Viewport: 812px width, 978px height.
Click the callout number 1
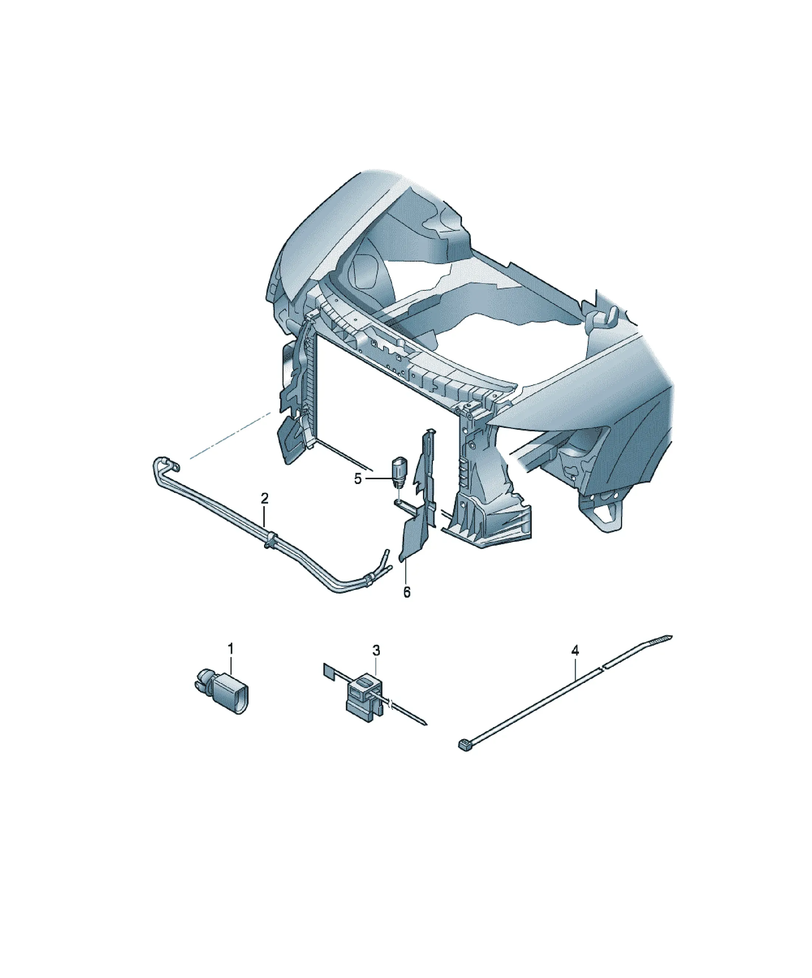tap(230, 649)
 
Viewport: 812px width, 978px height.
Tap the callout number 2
tap(264, 499)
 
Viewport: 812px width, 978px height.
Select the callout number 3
tap(376, 651)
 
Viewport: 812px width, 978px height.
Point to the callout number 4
tap(576, 651)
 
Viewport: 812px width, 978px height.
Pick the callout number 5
tap(358, 479)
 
